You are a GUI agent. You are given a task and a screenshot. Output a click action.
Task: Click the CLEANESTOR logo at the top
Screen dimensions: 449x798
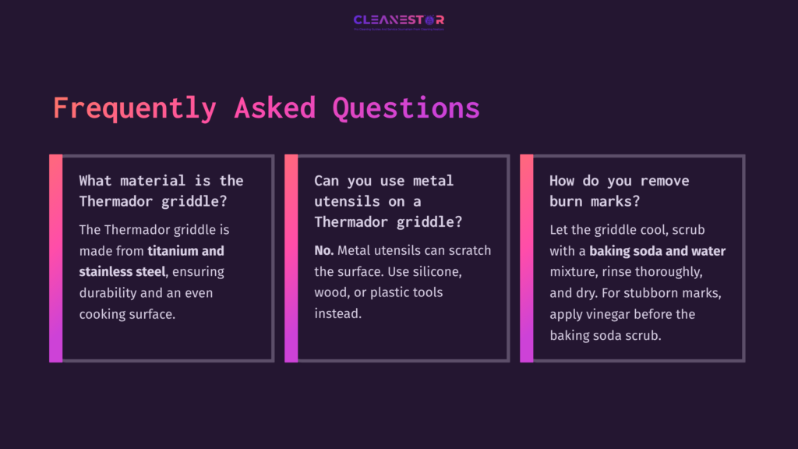click(398, 20)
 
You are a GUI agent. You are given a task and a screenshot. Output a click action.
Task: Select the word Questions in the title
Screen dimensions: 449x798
click(406, 108)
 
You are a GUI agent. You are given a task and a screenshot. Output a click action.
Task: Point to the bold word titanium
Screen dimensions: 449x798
click(173, 251)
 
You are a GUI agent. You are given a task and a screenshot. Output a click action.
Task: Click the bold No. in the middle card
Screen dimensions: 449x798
click(323, 251)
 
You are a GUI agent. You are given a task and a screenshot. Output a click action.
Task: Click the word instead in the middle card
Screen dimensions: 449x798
click(337, 313)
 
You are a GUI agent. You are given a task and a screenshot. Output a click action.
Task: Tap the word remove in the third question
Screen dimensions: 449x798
click(664, 181)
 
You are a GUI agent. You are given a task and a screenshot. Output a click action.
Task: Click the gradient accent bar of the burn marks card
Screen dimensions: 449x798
click(527, 258)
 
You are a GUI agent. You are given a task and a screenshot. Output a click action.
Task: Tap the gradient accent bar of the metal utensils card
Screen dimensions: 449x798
click(291, 258)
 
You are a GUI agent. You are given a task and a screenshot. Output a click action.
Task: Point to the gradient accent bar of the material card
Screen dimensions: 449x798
click(55, 258)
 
